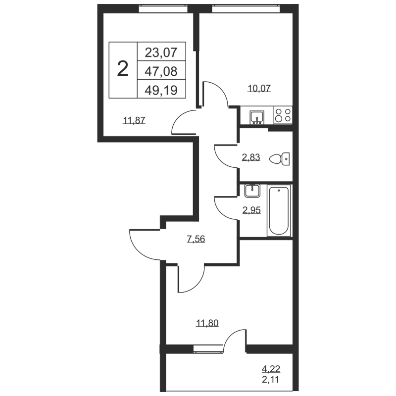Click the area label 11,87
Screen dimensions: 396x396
(134, 120)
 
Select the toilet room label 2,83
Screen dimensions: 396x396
(250, 158)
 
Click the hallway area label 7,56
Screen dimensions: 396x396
(196, 239)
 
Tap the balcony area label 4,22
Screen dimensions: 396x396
(271, 369)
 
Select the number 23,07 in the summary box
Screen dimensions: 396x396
(160, 51)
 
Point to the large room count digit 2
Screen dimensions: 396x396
(122, 69)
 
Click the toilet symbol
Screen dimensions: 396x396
(279, 158)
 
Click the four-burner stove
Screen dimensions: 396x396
(283, 116)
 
